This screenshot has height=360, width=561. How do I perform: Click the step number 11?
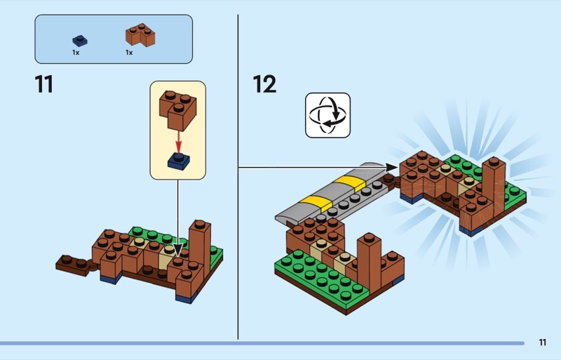click(43, 84)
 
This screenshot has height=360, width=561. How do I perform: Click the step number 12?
click(264, 84)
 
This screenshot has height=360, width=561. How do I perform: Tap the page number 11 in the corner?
click(542, 342)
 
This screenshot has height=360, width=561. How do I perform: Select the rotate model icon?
click(327, 115)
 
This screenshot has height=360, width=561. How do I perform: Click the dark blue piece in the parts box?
click(80, 41)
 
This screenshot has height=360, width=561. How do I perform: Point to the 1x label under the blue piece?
click(76, 53)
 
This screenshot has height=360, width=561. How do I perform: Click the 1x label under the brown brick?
click(129, 53)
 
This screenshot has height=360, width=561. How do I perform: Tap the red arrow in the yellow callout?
click(178, 137)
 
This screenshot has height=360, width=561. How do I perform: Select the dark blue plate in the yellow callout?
click(178, 161)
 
